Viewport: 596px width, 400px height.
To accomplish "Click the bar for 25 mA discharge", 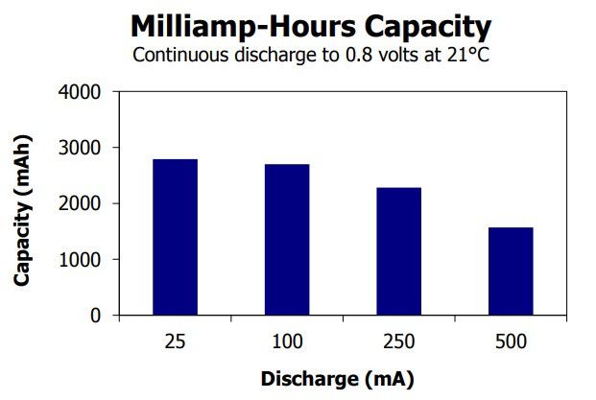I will [175, 237].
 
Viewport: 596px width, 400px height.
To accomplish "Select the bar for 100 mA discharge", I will [286, 240].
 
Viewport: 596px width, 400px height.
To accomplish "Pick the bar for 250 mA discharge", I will [398, 251].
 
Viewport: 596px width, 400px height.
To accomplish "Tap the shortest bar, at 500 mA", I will [510, 271].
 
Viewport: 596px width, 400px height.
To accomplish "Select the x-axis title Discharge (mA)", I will [337, 379].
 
